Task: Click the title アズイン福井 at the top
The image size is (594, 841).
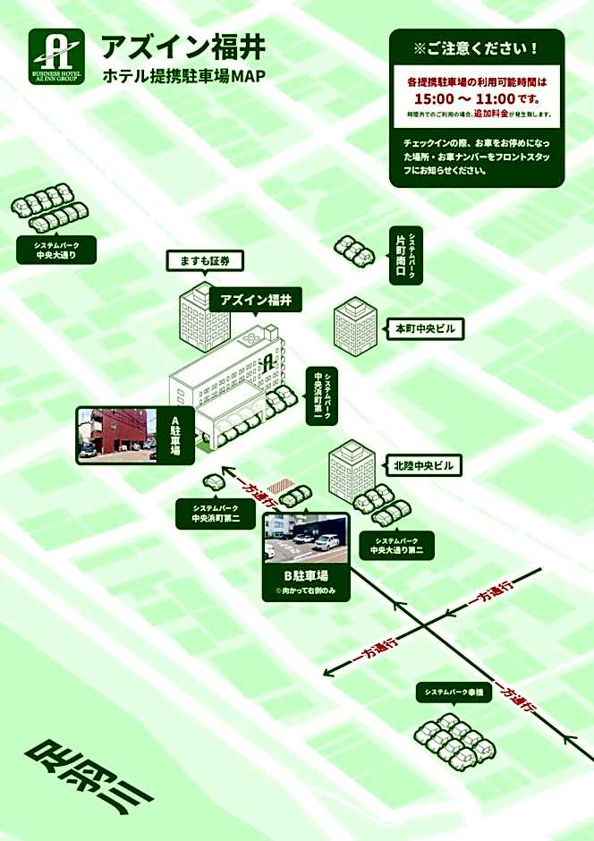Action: (182, 47)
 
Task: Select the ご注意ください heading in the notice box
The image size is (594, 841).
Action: (476, 47)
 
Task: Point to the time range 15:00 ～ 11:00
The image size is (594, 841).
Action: (476, 98)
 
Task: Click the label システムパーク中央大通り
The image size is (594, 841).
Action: (55, 250)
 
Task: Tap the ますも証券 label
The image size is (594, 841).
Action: (205, 261)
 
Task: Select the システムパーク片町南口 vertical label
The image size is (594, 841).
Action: (407, 255)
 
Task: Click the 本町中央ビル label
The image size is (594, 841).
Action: (426, 329)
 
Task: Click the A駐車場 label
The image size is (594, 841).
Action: (175, 436)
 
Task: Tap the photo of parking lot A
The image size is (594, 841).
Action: (117, 435)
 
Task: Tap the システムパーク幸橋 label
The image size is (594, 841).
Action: (454, 692)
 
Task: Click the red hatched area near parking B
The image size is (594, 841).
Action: (283, 485)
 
